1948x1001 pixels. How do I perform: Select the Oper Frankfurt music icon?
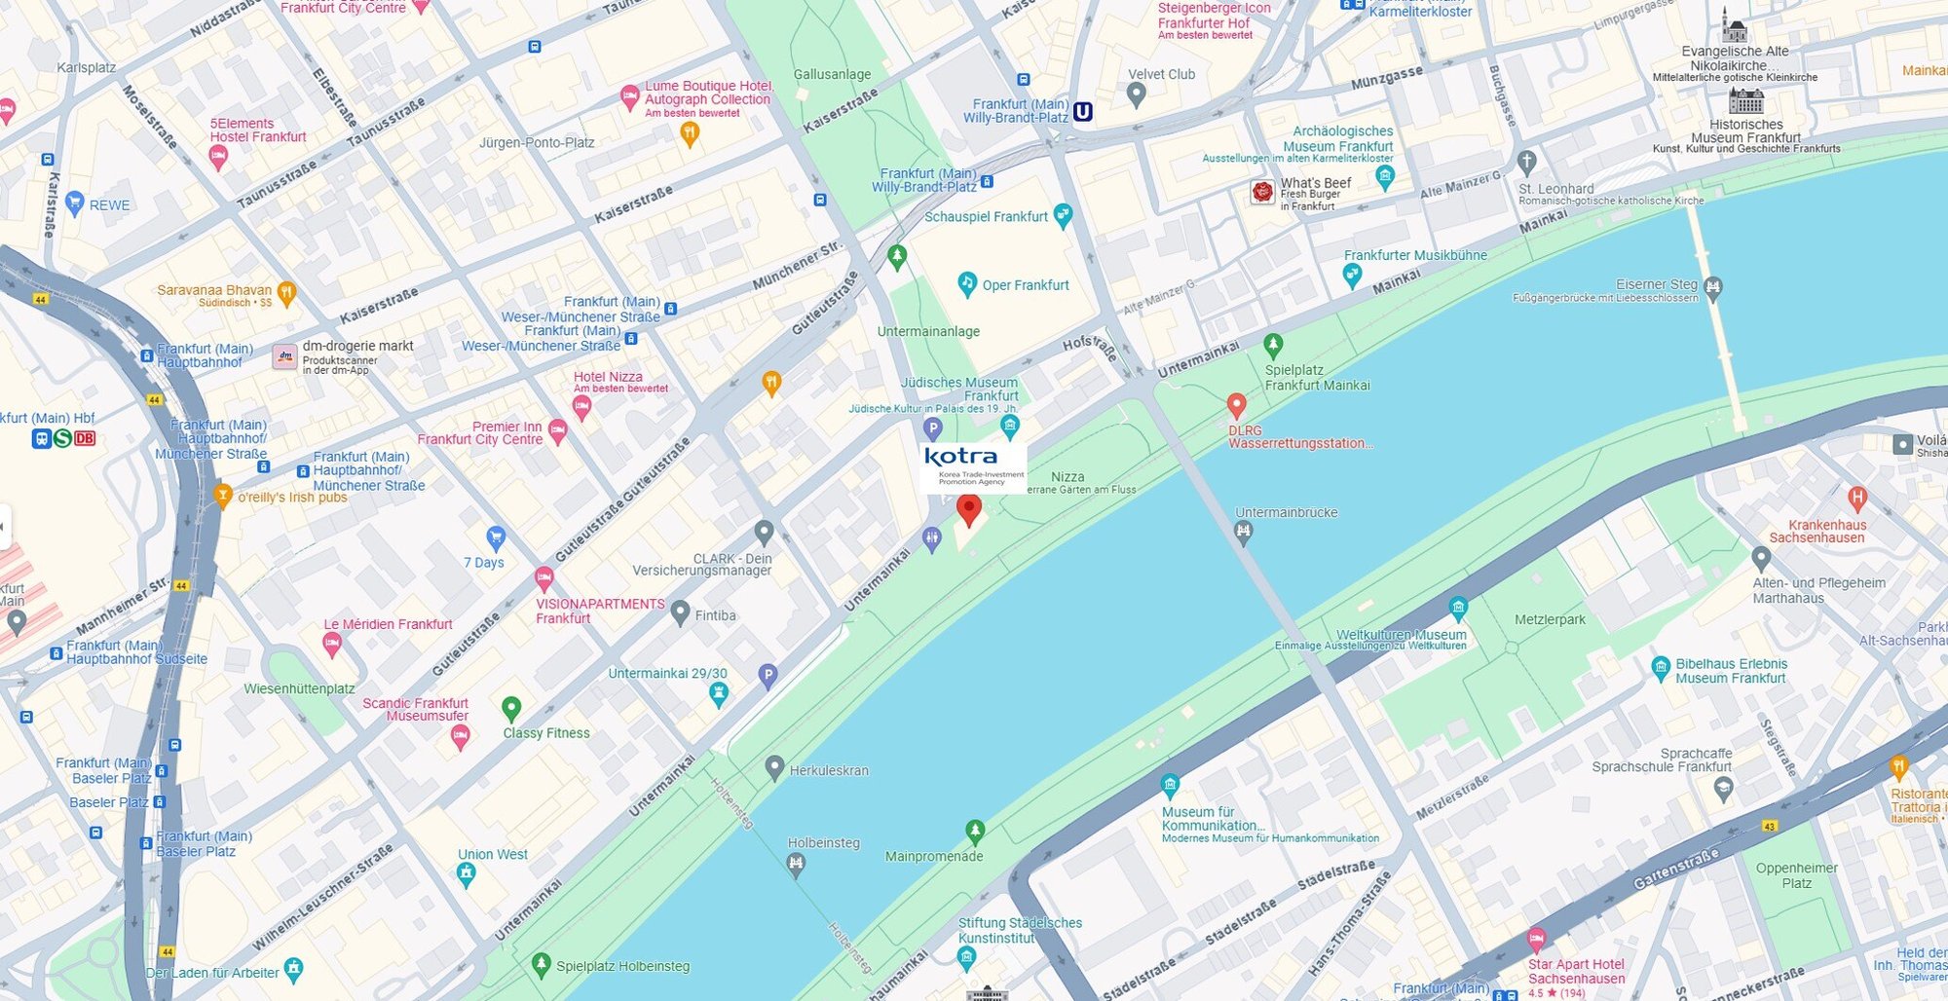[x=967, y=283]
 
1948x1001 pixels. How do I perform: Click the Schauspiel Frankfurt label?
[x=986, y=216]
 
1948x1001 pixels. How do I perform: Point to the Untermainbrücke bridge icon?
[x=1243, y=532]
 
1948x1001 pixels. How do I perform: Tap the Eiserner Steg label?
[x=1656, y=284]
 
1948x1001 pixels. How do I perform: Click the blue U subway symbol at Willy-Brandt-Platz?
[x=1082, y=112]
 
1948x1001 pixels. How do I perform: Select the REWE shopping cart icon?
[x=75, y=204]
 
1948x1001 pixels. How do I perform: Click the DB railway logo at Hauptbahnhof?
[x=85, y=438]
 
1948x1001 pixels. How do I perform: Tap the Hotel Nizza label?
[x=608, y=377]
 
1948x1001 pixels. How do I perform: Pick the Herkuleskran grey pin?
[x=774, y=767]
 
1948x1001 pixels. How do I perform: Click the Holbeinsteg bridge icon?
[x=796, y=863]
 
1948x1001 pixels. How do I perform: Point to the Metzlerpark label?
[x=1550, y=619]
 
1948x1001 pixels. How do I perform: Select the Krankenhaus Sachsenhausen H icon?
[x=1857, y=498]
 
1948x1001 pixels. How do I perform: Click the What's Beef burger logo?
[x=1262, y=192]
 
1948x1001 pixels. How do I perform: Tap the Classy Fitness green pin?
[x=510, y=708]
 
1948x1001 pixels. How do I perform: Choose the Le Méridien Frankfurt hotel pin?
[x=332, y=643]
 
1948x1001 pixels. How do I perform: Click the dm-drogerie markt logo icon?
[x=284, y=356]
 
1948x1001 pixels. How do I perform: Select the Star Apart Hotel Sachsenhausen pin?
[x=1536, y=940]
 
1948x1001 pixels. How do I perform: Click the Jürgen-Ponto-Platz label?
[x=536, y=142]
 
